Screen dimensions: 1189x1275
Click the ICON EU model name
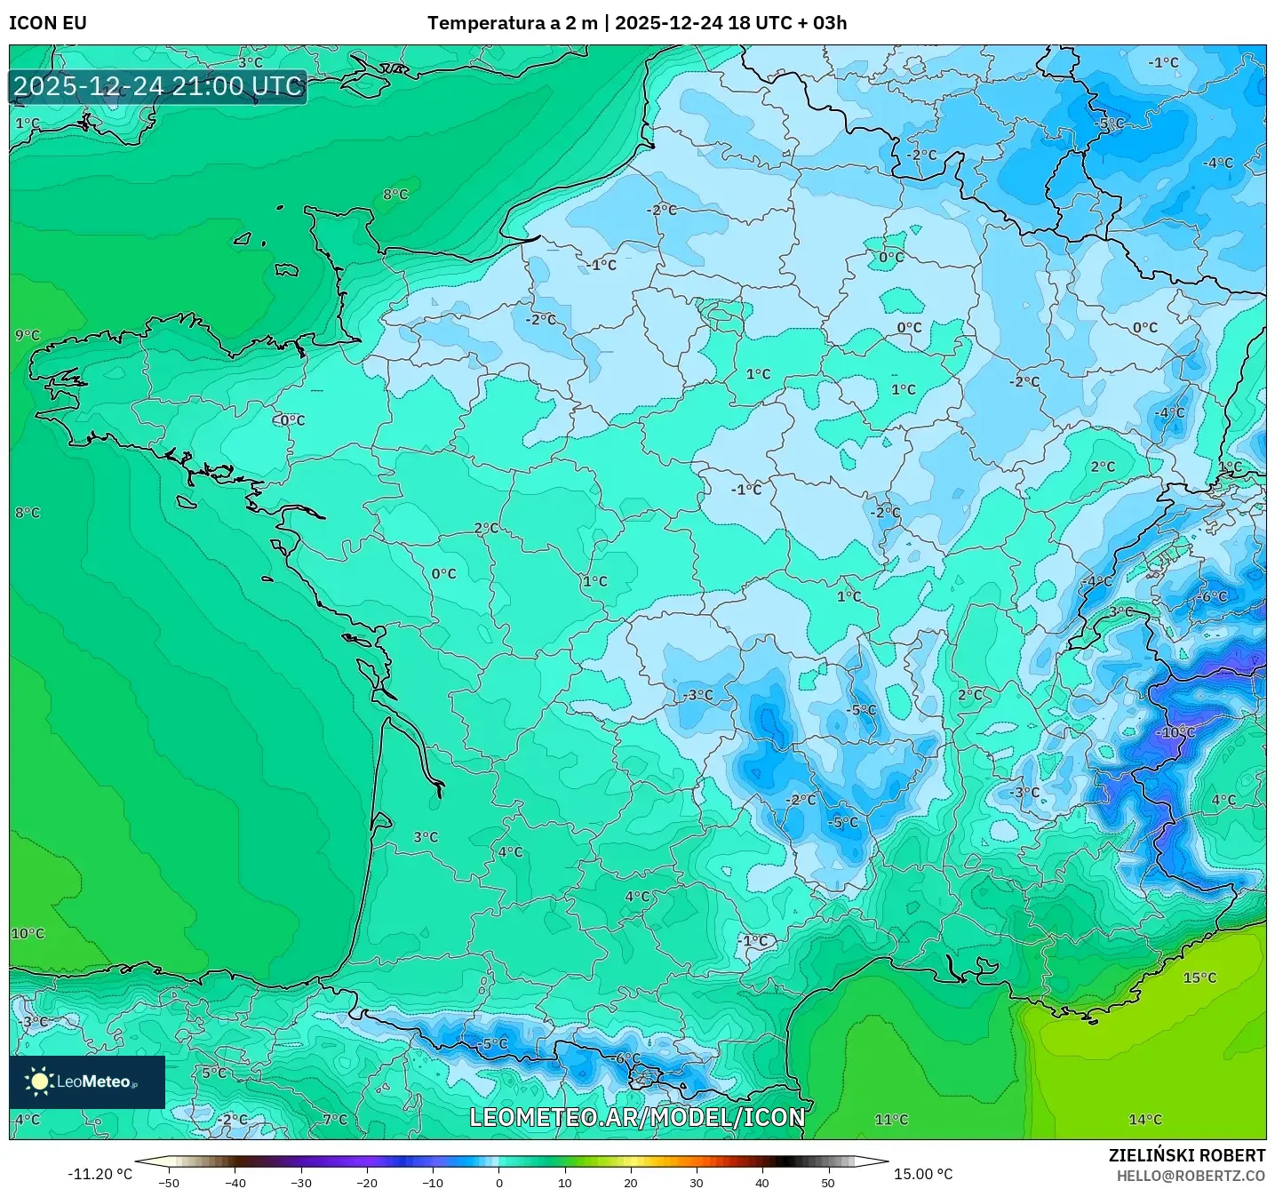click(48, 23)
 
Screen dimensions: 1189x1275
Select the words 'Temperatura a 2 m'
click(512, 23)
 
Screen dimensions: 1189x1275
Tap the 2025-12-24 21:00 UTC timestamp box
click(158, 87)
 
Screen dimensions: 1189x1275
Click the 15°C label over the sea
click(1199, 978)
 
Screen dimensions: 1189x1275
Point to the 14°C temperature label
click(1144, 1120)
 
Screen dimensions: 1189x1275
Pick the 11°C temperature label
click(891, 1120)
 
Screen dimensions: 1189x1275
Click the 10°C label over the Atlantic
click(28, 934)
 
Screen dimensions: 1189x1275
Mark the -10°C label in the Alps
click(1177, 732)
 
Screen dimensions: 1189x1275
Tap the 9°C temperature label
click(28, 335)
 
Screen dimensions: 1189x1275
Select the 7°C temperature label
click(335, 1120)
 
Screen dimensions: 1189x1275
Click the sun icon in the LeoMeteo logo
click(39, 1081)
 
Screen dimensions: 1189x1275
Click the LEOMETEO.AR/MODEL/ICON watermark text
click(637, 1117)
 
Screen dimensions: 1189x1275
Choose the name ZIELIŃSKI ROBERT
click(1186, 1155)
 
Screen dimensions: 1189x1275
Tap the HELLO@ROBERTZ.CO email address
click(1190, 1176)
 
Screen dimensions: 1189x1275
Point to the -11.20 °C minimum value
click(100, 1174)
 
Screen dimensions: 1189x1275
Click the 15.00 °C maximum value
click(922, 1174)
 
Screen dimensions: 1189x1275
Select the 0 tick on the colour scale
click(498, 1183)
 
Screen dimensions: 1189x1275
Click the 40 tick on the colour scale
click(761, 1183)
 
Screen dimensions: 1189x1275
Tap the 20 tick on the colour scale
click(630, 1183)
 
